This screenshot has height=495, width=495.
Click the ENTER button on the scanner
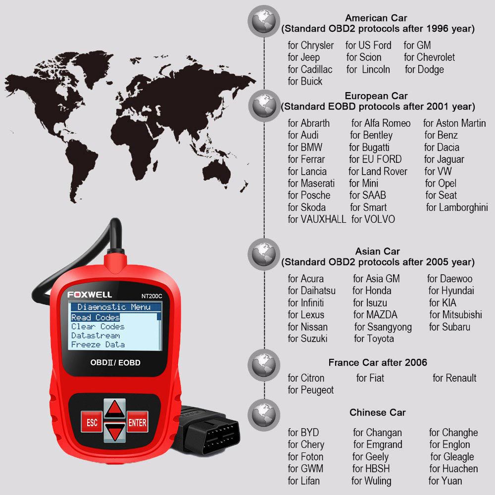[137, 422]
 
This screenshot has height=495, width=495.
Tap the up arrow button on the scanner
[115, 409]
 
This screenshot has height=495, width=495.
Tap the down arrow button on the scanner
[115, 432]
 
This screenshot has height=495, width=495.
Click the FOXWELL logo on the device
[90, 295]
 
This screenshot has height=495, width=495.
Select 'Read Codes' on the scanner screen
[96, 317]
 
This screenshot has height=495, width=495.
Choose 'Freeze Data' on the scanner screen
[98, 345]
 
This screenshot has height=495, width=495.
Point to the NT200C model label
[151, 296]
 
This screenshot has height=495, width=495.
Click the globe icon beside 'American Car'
[264, 21]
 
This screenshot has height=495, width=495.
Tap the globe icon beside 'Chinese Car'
[264, 415]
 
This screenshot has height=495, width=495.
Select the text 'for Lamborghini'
[457, 207]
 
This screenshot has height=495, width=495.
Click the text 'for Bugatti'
[369, 148]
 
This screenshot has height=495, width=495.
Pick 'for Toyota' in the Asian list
[374, 339]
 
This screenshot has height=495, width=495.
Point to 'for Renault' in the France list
[454, 378]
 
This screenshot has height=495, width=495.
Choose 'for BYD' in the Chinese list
[303, 432]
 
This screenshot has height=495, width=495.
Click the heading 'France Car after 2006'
[378, 362]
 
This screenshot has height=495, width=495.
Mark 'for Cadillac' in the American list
[310, 69]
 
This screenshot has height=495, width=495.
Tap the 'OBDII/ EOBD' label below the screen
[115, 362]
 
